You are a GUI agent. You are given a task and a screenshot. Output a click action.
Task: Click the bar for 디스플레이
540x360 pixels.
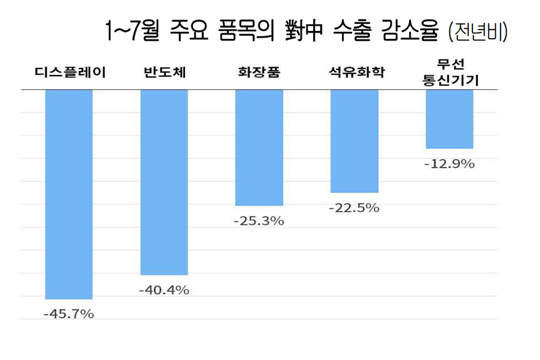coord(69,194)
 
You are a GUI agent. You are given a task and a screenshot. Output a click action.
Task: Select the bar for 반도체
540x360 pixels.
coord(164,182)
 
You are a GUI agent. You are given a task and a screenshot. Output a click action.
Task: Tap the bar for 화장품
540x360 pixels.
coord(259,147)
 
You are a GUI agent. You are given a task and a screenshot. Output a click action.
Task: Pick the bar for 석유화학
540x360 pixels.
coord(354,141)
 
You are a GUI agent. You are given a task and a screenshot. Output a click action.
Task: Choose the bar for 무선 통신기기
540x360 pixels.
coord(450,119)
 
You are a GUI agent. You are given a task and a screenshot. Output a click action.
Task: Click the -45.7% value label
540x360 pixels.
coord(69,314)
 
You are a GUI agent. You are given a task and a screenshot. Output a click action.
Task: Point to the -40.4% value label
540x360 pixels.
coord(164,290)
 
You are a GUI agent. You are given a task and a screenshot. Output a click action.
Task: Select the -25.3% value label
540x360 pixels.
coord(259,220)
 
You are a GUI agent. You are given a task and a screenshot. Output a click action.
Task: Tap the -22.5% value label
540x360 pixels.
coord(354,208)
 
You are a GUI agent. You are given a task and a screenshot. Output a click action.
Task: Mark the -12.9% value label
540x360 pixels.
coord(450,164)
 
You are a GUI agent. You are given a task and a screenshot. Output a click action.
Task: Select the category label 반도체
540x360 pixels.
coord(164,73)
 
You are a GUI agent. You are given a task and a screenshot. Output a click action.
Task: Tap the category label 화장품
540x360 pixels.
coord(259,73)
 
